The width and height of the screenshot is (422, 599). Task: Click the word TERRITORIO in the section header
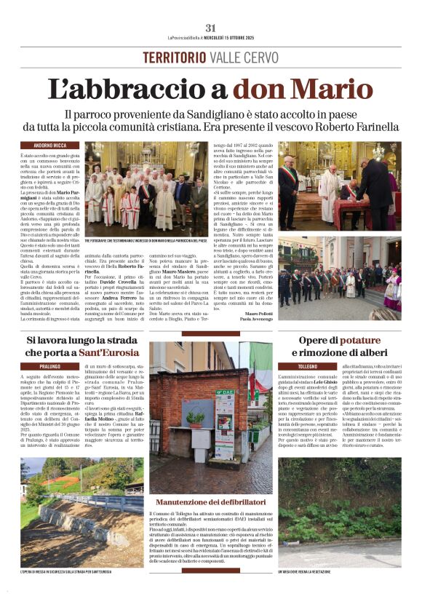click(x=175, y=57)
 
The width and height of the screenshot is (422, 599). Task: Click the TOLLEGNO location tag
click(x=307, y=366)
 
